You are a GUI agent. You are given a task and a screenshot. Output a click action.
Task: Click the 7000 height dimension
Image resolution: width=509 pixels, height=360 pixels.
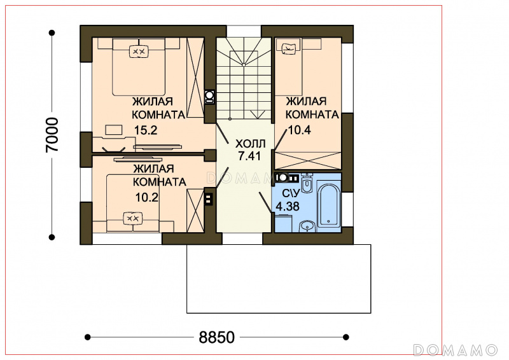coord(52,135)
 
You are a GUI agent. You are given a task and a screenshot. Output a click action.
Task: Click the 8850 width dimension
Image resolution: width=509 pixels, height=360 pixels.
coord(216,337)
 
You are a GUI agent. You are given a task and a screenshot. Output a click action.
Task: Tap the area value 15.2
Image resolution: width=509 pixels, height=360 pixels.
coord(146,130)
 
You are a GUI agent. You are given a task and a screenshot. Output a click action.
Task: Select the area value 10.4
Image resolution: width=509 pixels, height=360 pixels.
coord(300,130)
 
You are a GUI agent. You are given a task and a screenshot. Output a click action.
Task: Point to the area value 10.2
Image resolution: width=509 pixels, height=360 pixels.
coord(147,197)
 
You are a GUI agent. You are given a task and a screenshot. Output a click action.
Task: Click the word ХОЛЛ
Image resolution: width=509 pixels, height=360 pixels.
coord(250,144)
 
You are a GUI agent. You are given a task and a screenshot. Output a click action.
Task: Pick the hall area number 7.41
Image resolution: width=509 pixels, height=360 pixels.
coord(249,156)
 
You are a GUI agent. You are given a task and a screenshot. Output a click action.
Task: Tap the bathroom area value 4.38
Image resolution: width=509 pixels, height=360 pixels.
coord(288,207)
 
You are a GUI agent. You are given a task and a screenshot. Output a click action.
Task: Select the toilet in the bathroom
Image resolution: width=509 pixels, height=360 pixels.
coord(307,183)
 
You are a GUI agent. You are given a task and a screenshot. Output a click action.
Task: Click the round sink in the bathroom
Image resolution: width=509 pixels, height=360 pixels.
coord(307,226)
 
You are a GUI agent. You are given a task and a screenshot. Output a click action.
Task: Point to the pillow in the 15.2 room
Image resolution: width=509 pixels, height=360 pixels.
coord(139,52)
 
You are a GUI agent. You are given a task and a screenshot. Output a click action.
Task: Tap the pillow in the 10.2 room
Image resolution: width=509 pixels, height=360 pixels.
coord(133,218)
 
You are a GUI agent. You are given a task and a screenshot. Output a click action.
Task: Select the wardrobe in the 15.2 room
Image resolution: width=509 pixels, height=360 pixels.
coord(195,78)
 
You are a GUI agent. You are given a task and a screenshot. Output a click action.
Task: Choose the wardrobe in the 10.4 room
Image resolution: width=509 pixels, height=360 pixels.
coord(308,160)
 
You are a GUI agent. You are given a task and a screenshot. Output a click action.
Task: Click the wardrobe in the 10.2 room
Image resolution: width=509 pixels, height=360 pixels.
coord(195,211)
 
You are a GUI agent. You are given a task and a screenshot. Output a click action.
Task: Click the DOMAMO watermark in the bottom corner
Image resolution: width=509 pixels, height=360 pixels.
coord(455,350)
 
